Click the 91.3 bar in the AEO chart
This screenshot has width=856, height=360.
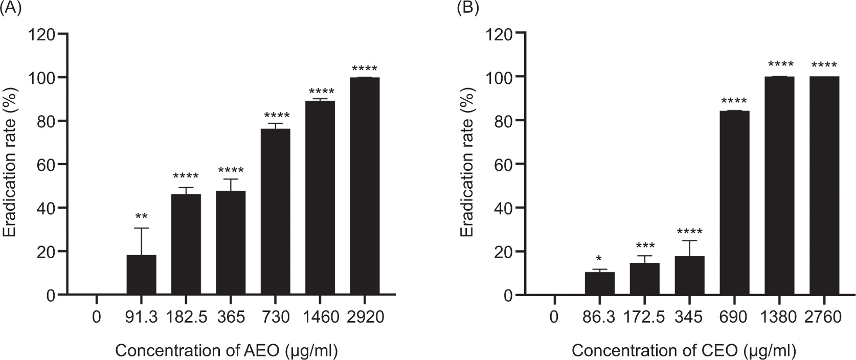[x=141, y=275]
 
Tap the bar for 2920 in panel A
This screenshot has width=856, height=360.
[x=365, y=186]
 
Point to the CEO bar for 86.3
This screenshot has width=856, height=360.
[x=599, y=283]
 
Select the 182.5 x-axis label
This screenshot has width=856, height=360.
[x=186, y=318]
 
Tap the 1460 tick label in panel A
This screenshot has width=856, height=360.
[x=320, y=318]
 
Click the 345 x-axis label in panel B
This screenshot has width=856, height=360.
[x=689, y=318]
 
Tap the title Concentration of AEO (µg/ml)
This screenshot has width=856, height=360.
[x=227, y=351]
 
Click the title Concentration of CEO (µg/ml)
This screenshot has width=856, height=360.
[x=684, y=351]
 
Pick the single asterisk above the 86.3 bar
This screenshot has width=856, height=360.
[x=599, y=258]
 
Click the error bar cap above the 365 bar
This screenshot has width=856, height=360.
[x=231, y=179]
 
